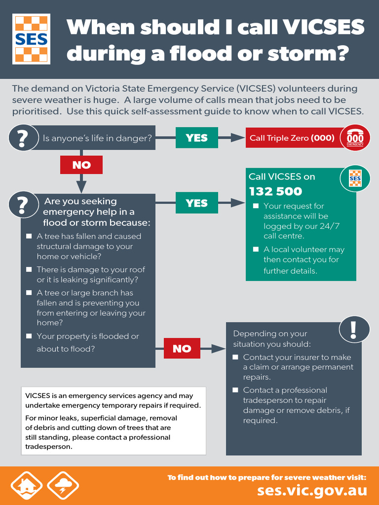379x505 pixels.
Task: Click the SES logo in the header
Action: [x=31, y=39]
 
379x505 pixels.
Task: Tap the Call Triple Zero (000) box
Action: [x=292, y=138]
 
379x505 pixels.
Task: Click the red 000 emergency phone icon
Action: [x=355, y=138]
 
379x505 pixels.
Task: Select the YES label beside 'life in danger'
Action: [x=196, y=138]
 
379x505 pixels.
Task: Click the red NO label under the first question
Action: [x=81, y=165]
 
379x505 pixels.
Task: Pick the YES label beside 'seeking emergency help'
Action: [x=196, y=203]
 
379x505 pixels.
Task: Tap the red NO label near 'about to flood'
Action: [x=182, y=349]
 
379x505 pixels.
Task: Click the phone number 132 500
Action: [x=275, y=191]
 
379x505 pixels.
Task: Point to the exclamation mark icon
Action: [x=354, y=329]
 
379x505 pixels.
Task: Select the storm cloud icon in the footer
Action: [x=63, y=486]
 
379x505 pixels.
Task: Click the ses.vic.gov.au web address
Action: [x=312, y=490]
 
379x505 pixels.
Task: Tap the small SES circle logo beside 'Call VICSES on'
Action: [x=355, y=179]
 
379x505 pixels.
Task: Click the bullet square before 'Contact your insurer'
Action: [x=235, y=357]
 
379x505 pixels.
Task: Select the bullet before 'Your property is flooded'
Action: [x=29, y=336]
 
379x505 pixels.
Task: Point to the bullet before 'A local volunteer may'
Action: [x=256, y=250]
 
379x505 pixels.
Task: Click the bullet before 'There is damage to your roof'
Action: [x=29, y=270]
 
